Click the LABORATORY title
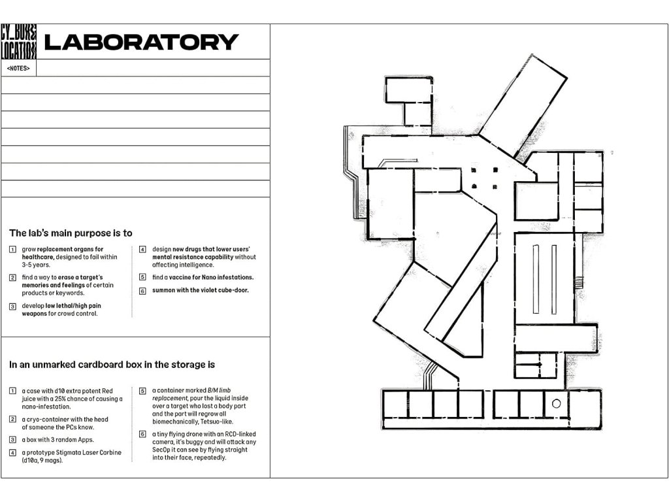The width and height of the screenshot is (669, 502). (141, 42)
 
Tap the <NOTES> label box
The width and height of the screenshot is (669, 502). (19, 68)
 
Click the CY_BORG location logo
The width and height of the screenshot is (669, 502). (19, 41)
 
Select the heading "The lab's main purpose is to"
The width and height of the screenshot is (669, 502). (71, 233)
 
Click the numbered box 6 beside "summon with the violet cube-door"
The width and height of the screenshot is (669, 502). (142, 291)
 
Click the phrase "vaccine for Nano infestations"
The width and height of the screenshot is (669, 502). (211, 277)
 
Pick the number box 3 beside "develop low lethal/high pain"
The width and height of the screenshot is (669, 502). (13, 307)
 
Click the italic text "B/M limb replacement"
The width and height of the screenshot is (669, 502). (191, 394)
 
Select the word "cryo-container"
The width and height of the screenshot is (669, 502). (46, 420)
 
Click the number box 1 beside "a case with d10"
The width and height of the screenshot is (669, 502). (13, 391)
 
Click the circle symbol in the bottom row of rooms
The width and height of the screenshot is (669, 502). (557, 403)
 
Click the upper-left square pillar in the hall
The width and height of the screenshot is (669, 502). (474, 171)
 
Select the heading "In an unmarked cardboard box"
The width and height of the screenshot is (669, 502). (112, 365)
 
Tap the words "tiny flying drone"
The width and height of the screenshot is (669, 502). (181, 434)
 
